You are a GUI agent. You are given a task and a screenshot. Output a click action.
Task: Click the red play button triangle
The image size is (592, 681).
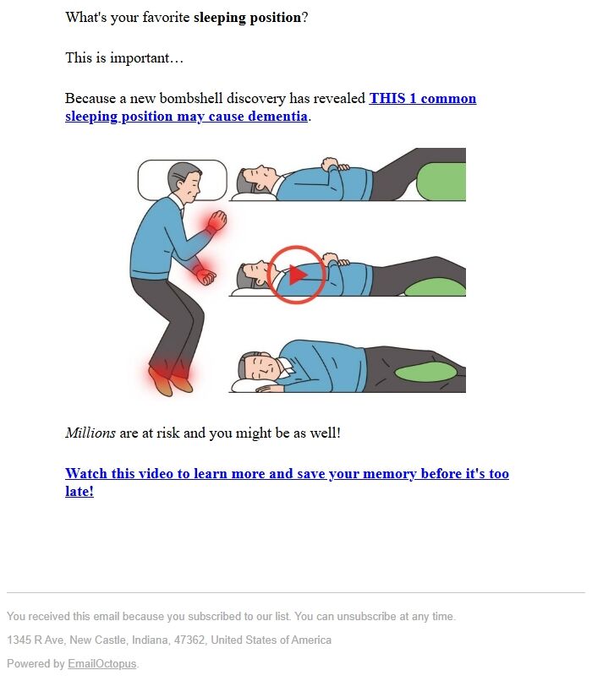click(x=298, y=275)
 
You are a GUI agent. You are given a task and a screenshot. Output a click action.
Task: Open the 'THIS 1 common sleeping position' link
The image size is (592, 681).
click(x=271, y=107)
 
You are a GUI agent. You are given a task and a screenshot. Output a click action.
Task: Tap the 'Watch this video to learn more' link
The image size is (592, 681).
click(x=287, y=482)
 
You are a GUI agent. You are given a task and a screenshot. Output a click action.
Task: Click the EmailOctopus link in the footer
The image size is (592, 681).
click(x=101, y=663)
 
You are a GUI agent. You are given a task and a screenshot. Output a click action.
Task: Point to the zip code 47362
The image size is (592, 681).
click(x=189, y=640)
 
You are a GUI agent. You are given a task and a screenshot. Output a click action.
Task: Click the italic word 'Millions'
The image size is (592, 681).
click(x=90, y=433)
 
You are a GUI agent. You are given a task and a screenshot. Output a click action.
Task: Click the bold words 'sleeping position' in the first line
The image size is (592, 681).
click(x=247, y=18)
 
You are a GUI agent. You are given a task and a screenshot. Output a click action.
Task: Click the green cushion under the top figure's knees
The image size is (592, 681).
click(x=441, y=181)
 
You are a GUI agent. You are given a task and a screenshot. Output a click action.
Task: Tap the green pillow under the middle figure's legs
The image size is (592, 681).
click(x=436, y=287)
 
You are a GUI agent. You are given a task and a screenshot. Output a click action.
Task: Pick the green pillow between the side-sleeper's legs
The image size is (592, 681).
click(x=425, y=373)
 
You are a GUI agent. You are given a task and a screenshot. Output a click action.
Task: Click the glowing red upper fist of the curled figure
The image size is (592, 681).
click(x=217, y=221)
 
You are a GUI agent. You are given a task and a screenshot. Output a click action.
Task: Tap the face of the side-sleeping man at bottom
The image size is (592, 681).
click(x=263, y=367)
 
